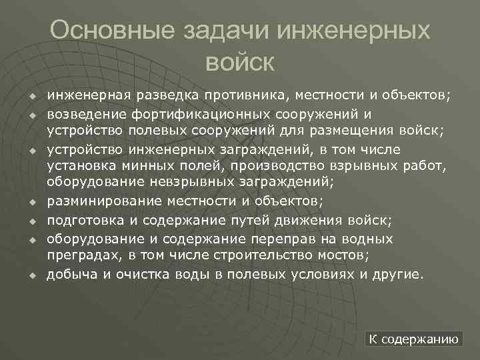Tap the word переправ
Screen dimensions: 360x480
click(258, 239)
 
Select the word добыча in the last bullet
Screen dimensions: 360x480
click(69, 275)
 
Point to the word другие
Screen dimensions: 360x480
click(397, 275)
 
